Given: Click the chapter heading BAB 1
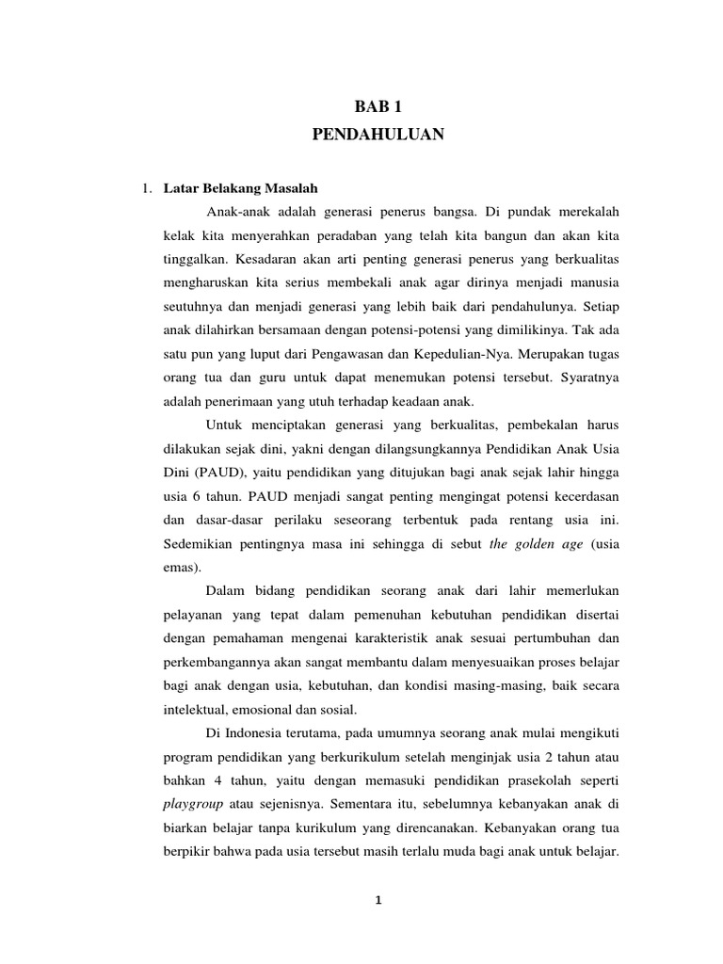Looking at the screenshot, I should [377, 108].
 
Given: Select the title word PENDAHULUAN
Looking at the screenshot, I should [377, 136].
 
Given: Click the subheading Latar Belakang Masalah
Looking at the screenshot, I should [241, 188].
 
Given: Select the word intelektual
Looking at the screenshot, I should [193, 708].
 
